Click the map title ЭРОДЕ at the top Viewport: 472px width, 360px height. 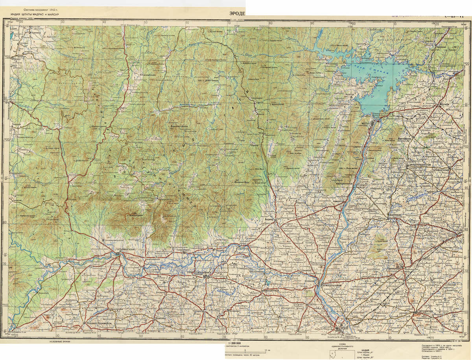click(x=237, y=14)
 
